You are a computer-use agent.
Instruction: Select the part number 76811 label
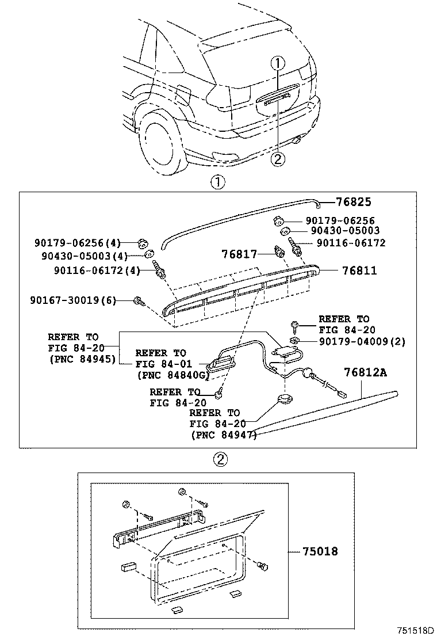click(x=359, y=270)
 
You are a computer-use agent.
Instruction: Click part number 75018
click(x=320, y=551)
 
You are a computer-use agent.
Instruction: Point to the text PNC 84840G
click(x=172, y=375)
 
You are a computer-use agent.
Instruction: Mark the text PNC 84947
click(x=223, y=436)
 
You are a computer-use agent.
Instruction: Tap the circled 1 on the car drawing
click(x=277, y=63)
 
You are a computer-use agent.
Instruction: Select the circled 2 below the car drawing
click(x=278, y=159)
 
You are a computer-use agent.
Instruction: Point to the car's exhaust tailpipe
click(x=297, y=140)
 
